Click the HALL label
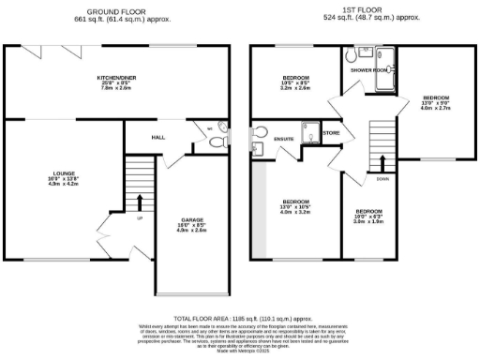(x=158, y=138)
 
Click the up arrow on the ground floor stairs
(x=139, y=202)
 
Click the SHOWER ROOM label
(x=367, y=70)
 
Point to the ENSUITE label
(x=284, y=139)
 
